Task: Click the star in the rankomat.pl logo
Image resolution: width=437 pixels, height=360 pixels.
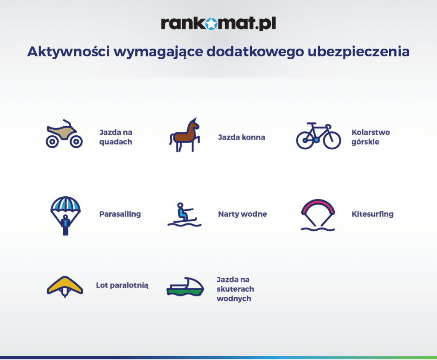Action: click(x=212, y=24)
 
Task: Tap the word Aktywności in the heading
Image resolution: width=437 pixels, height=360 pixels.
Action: click(x=69, y=52)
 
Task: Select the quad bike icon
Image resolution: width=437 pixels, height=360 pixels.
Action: click(x=64, y=134)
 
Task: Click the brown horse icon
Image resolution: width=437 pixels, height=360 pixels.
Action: click(x=184, y=135)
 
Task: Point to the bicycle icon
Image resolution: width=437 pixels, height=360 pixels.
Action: click(x=318, y=136)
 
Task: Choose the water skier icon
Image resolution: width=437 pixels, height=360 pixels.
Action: click(x=184, y=215)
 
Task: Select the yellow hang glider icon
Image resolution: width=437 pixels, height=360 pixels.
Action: click(x=65, y=286)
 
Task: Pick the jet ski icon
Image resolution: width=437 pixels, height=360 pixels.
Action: click(x=185, y=287)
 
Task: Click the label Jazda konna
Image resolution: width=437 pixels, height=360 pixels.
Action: click(x=242, y=137)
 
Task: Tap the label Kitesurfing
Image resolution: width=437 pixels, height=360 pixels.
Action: click(x=373, y=214)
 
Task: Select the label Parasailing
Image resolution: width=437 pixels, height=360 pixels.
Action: click(x=120, y=214)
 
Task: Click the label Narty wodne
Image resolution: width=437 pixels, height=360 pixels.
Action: click(x=242, y=214)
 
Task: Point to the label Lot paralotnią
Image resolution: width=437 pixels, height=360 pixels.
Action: click(x=122, y=285)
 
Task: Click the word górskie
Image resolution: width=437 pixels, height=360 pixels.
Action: click(x=365, y=142)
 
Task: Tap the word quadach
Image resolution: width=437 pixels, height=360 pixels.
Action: click(x=116, y=142)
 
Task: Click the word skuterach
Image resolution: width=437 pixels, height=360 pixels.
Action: click(x=236, y=289)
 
